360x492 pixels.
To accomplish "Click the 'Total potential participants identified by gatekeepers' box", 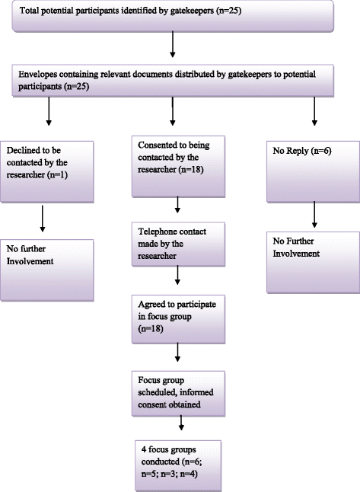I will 173,16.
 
